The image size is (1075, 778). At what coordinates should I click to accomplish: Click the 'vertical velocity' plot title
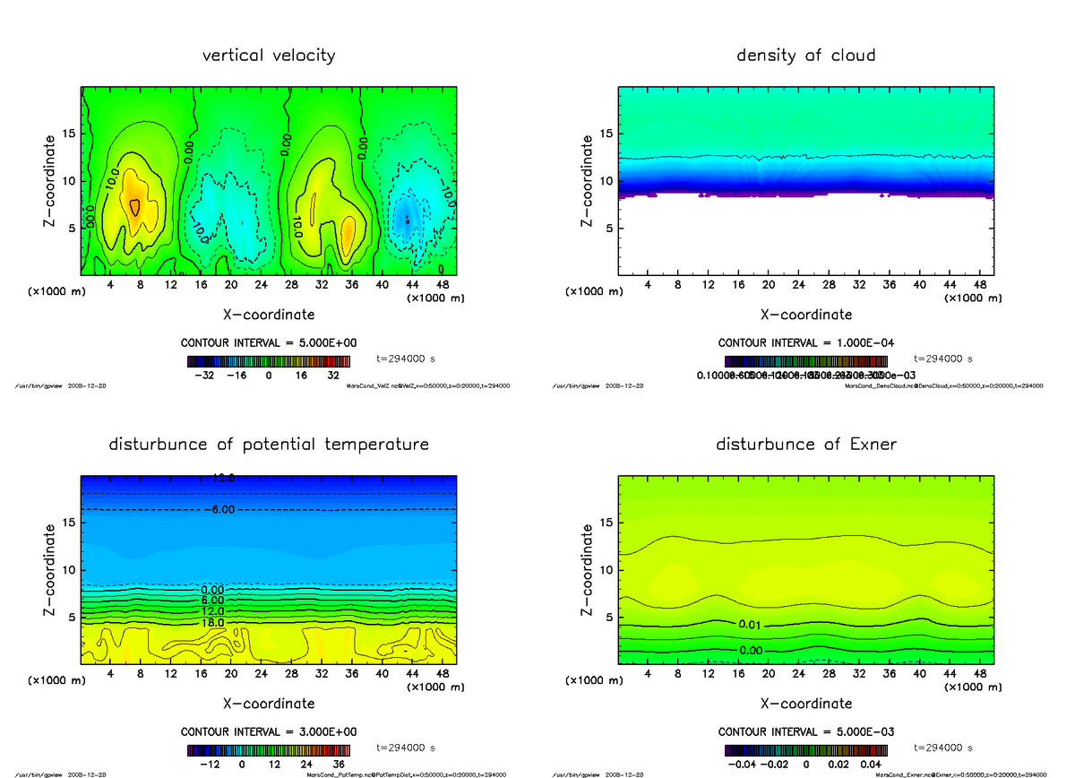[x=269, y=56]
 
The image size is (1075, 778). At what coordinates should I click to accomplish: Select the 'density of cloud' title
[x=805, y=56]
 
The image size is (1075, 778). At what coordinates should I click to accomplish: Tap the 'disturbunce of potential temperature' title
[x=269, y=445]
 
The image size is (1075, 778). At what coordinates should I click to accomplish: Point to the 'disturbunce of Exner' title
[x=805, y=445]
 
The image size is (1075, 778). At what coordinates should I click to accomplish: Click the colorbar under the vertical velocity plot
[x=269, y=362]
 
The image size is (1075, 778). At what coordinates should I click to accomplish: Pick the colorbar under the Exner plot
[x=805, y=751]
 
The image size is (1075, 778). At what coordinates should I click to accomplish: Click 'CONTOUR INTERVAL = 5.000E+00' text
[x=269, y=343]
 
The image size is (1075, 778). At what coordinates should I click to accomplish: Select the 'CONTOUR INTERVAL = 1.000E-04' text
[x=806, y=343]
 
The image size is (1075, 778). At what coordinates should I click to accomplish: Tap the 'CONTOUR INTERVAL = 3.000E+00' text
[x=269, y=732]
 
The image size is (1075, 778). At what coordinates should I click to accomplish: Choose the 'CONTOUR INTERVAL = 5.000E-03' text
[x=806, y=732]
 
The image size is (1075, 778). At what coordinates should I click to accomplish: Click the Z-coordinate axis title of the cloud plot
[x=588, y=181]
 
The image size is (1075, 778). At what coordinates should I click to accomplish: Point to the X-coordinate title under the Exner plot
[x=805, y=704]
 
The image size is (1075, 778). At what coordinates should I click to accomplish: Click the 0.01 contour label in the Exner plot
[x=752, y=624]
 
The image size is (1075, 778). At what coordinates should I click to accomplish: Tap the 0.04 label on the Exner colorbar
[x=871, y=765]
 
